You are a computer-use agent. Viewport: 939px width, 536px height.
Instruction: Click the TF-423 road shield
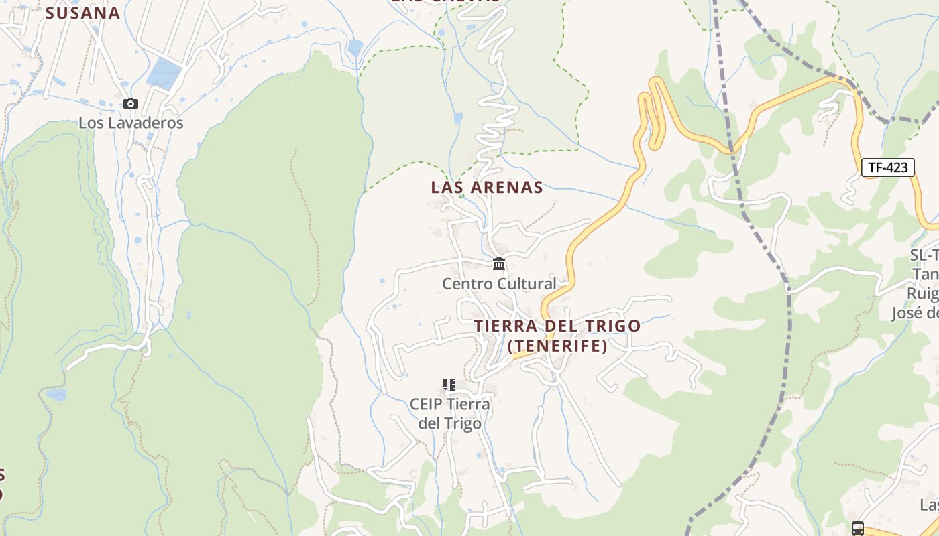pos(888,167)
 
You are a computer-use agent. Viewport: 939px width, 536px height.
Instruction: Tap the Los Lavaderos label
pos(131,123)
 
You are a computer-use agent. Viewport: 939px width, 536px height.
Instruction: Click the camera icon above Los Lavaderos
pos(131,104)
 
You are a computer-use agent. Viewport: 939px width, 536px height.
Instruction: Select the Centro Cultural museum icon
pos(499,264)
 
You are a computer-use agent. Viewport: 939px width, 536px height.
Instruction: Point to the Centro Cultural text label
pos(499,284)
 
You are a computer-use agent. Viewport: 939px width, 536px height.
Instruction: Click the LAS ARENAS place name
pos(487,188)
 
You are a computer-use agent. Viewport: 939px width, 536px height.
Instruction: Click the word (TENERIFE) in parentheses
pos(558,346)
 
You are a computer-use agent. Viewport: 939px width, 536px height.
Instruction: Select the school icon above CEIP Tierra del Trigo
pos(449,385)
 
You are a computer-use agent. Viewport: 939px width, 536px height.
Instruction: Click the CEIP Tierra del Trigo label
pos(449,414)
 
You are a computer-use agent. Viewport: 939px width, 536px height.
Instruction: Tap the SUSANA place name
pos(82,13)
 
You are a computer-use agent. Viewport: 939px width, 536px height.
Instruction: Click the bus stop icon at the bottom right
pos(858,528)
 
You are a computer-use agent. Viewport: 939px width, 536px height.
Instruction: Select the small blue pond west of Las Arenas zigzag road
pos(458,118)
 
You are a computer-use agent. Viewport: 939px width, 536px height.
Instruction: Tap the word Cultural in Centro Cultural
pos(524,284)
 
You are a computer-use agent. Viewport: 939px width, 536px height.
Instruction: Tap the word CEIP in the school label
pos(426,405)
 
